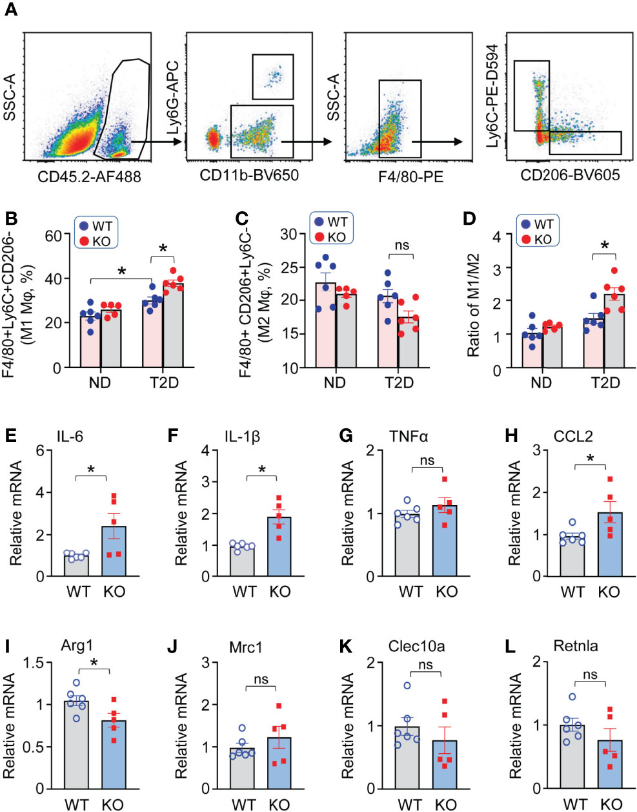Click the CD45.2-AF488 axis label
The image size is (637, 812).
(x=89, y=176)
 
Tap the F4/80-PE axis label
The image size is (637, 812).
(x=411, y=176)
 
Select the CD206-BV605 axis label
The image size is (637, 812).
(x=570, y=175)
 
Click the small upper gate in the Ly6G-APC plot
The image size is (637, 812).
(x=273, y=77)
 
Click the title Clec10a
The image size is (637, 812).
(x=416, y=645)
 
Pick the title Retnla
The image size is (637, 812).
(x=576, y=645)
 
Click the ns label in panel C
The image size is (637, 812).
(x=401, y=245)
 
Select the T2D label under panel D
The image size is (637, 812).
(x=605, y=382)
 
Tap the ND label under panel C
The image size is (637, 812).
(x=335, y=382)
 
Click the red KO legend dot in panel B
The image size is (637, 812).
(x=85, y=241)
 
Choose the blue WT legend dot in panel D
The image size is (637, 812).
(x=526, y=224)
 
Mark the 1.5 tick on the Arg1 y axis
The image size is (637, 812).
(x=44, y=663)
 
